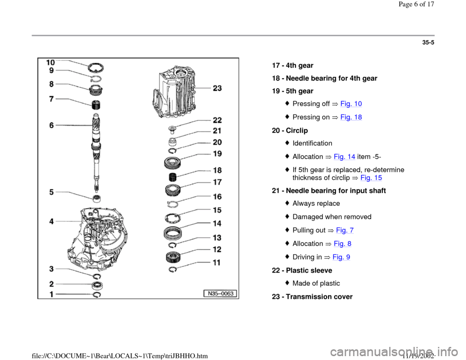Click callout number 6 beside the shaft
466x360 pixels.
pos(51,125)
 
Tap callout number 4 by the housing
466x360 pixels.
pos(51,221)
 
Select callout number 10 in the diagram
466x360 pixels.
pos(51,63)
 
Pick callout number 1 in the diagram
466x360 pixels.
pos(51,294)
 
